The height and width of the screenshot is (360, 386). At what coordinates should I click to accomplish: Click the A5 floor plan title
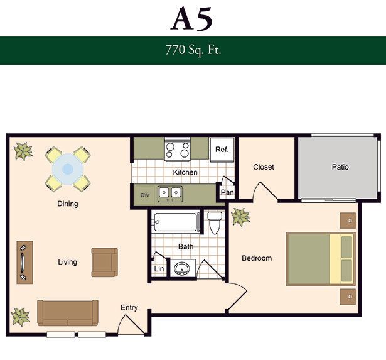[191, 19]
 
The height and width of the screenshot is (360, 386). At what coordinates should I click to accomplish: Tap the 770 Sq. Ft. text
[193, 50]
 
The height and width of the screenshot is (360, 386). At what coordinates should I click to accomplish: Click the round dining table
[68, 169]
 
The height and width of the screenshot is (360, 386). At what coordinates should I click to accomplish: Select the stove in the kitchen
[178, 150]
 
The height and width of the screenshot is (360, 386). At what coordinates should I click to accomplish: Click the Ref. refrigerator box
[222, 150]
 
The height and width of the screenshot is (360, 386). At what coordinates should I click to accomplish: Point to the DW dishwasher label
[145, 195]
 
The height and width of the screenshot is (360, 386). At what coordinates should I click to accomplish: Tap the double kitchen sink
[170, 193]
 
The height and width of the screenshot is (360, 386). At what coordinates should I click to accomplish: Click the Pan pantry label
[227, 192]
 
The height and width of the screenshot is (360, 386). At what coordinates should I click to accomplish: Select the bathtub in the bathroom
[177, 222]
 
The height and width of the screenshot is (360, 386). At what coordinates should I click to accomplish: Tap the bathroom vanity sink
[182, 268]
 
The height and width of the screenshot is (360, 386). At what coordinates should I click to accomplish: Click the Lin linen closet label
[159, 268]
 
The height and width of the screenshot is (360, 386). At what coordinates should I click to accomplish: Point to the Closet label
[264, 167]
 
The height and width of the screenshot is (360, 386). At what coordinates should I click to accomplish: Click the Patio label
[340, 167]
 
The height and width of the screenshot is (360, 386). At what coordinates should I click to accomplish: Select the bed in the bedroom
[321, 259]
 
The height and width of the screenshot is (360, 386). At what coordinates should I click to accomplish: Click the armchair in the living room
[104, 262]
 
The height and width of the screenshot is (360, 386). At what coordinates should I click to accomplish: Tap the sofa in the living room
[68, 313]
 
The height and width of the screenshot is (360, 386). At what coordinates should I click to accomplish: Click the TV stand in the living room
[25, 263]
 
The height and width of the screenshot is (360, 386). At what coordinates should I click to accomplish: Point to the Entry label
[129, 308]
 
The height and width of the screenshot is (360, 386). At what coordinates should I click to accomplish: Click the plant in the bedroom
[240, 217]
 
